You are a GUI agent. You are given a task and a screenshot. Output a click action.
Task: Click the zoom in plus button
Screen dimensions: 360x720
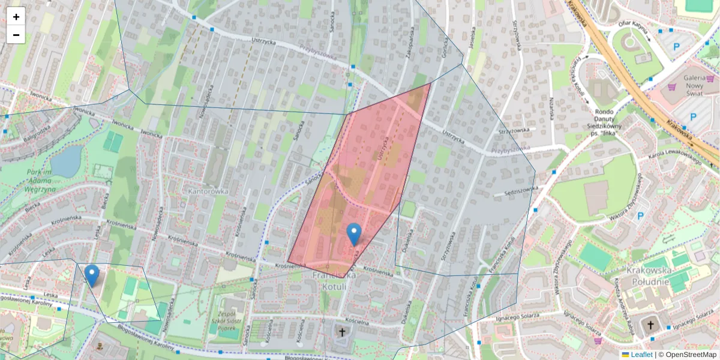(16, 17)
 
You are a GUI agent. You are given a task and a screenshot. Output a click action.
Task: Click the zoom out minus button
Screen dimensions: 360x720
(16, 35)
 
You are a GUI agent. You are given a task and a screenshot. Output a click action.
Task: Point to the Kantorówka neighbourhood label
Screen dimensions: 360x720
(208, 191)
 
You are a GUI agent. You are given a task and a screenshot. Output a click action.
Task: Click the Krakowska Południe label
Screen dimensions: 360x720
(647, 275)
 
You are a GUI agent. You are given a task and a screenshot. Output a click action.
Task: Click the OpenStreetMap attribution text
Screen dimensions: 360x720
(690, 355)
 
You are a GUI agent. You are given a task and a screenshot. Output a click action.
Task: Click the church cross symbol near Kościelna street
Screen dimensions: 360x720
(343, 332)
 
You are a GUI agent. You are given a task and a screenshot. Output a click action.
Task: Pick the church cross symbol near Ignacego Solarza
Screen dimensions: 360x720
(650, 326)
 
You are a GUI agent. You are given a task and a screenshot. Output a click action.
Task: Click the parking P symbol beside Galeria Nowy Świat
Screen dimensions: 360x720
(693, 116)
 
